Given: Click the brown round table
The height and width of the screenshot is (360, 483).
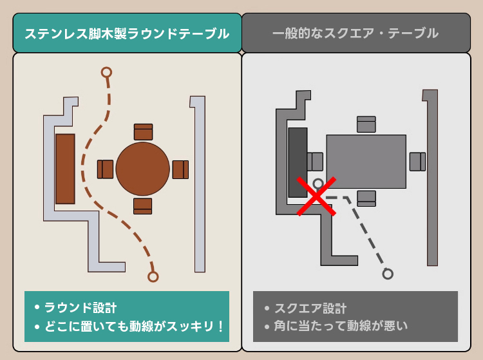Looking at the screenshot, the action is point(142,169).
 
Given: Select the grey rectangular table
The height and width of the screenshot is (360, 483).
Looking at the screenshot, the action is point(366,162).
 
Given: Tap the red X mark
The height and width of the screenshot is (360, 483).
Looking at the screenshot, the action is point(316,196).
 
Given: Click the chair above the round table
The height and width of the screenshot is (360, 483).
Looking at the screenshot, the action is point(143,132).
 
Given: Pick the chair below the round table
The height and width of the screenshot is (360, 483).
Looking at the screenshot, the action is point(142,206).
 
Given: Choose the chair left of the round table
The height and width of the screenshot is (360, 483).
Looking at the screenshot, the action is point(106,169).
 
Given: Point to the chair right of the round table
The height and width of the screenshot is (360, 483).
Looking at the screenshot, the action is point(180,169).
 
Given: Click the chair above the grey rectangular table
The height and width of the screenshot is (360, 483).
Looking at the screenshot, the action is point(366,124).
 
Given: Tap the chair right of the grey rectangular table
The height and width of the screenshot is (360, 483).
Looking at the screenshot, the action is point(418,162).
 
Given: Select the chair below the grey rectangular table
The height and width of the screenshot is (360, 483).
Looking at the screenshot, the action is point(366,198).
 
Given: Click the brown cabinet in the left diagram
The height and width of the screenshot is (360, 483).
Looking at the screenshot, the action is point(65,169).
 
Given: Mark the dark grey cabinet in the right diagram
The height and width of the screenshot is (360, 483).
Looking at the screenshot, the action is point(298,162).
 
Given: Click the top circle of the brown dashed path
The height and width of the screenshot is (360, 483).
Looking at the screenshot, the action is point(106,72).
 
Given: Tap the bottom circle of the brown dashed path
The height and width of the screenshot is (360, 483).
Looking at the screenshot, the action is point(153,276).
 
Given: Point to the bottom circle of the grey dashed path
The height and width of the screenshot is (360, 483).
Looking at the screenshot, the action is point(388,274).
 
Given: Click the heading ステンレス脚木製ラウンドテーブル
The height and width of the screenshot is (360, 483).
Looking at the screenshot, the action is point(127,33).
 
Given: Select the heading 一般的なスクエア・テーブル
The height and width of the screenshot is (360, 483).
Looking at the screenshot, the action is point(355,33).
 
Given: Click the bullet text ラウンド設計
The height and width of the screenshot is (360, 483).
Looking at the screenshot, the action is point(80,308).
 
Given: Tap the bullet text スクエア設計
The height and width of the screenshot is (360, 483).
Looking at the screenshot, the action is point(310,308).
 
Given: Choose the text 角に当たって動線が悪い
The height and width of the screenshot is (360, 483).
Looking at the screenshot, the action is point(341,326).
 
